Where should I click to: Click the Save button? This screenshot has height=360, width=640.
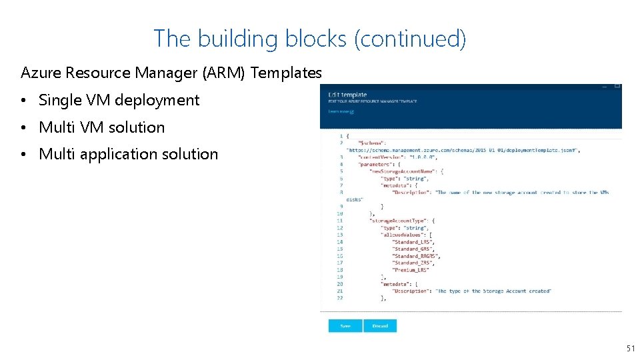click(x=345, y=326)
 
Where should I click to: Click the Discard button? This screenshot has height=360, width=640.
click(x=380, y=326)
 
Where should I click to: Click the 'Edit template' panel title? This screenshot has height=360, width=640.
click(x=347, y=95)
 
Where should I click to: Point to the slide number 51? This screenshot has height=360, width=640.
click(x=630, y=349)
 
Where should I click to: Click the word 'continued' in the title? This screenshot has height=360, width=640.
click(x=410, y=39)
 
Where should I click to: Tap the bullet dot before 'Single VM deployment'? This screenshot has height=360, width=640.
click(x=23, y=101)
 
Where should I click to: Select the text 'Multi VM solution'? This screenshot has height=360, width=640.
click(x=101, y=127)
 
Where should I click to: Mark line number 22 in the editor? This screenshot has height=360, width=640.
click(x=340, y=298)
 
